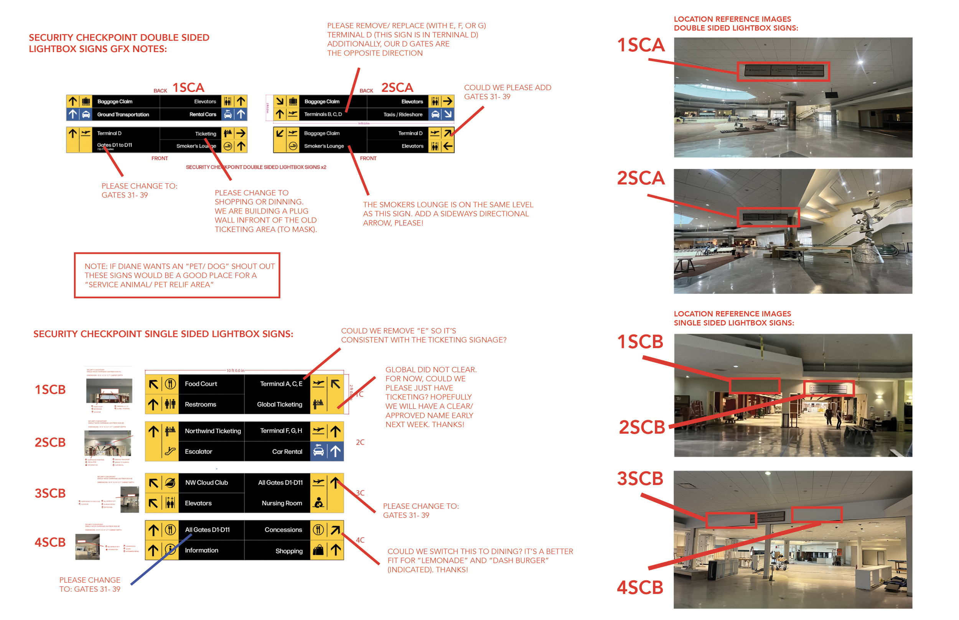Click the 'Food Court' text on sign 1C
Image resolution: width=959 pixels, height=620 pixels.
tap(201, 384)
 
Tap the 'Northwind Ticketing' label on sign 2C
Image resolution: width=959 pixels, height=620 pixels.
tap(213, 431)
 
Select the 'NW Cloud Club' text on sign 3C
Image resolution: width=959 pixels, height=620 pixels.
tap(206, 482)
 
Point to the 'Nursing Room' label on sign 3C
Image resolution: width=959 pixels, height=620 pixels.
tap(282, 503)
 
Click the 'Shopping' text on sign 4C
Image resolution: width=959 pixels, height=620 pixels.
tap(289, 551)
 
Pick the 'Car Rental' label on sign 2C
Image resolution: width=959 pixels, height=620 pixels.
tap(287, 451)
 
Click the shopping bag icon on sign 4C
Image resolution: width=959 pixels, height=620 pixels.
tap(318, 550)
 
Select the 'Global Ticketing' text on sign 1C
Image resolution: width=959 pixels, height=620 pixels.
tap(279, 404)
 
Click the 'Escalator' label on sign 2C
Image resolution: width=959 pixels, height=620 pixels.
tap(198, 451)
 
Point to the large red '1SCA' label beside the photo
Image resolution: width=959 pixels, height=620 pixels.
tap(640, 45)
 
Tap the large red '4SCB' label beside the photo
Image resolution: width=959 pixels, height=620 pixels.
tap(639, 587)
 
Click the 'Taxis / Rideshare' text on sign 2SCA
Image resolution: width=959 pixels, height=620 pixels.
tap(403, 114)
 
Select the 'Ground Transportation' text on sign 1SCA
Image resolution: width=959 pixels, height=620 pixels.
tap(123, 114)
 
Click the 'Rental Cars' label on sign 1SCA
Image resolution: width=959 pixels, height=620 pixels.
tap(203, 114)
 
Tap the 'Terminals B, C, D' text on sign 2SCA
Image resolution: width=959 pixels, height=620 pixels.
tap(323, 114)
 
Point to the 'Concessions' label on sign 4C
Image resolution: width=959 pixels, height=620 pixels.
tap(283, 530)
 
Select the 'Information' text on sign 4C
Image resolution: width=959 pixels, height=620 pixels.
tap(201, 550)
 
